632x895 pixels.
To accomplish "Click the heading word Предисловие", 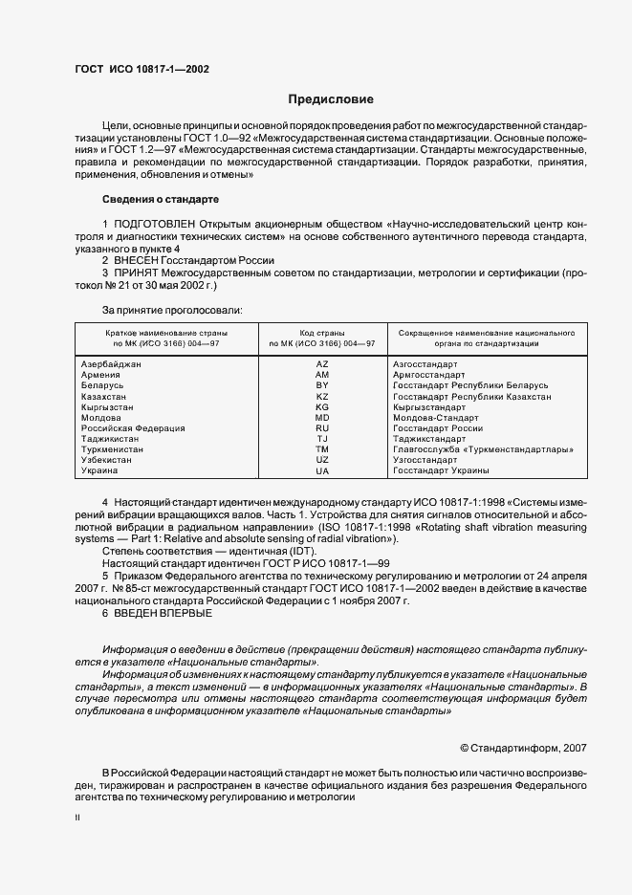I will [x=332, y=99].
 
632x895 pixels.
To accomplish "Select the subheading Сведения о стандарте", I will [x=161, y=199].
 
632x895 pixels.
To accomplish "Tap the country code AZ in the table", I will [x=321, y=364].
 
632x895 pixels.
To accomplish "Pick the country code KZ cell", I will [x=321, y=396].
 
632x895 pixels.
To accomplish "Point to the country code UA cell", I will [x=321, y=470].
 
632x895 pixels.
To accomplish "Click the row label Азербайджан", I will [x=112, y=364].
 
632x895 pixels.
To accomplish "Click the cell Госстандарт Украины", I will [x=441, y=470].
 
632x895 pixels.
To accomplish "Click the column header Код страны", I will [x=321, y=331].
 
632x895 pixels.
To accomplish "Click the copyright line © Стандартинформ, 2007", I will [x=523, y=747].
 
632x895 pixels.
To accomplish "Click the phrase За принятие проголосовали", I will [x=172, y=310].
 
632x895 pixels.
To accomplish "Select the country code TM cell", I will [x=321, y=449].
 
